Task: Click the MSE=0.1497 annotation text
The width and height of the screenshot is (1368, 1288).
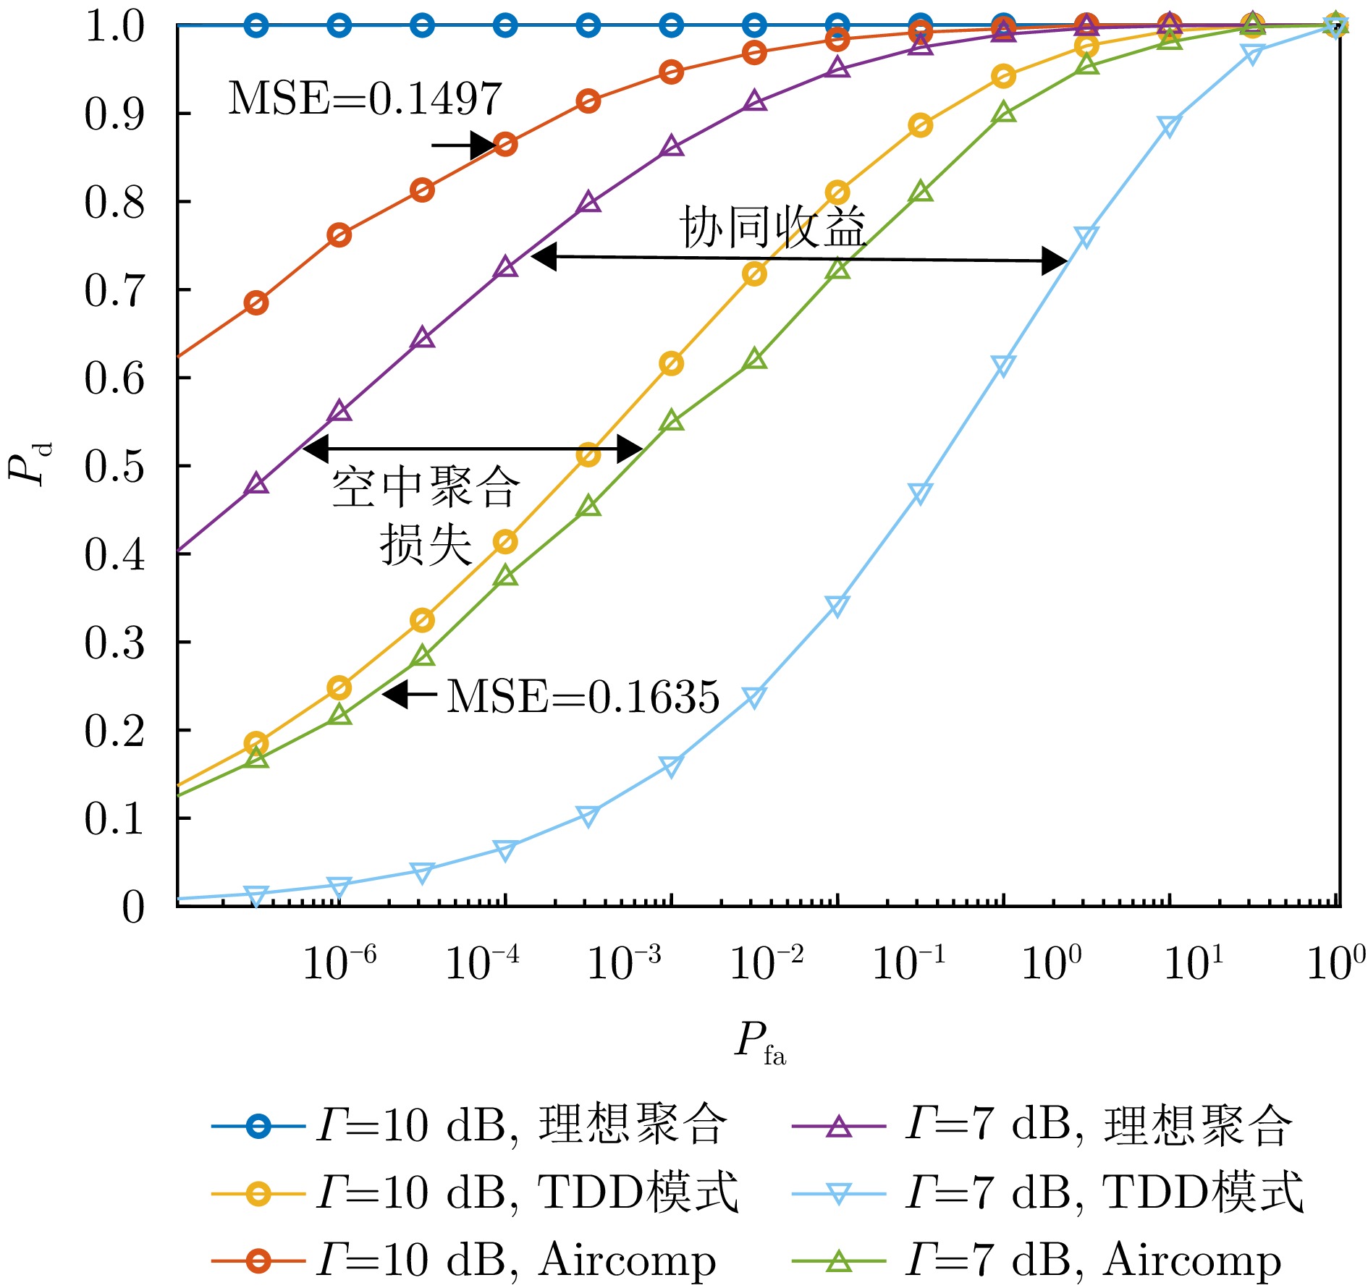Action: pos(365,98)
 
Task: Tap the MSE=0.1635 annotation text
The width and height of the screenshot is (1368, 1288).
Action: pos(583,697)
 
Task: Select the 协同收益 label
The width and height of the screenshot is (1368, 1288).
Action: pos(772,227)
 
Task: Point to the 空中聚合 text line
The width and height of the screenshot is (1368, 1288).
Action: pos(426,487)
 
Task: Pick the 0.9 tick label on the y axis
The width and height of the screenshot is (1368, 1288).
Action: pos(114,114)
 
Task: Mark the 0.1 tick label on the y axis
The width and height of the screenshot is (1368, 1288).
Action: pos(114,819)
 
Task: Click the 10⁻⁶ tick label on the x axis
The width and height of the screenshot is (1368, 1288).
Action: pos(339,962)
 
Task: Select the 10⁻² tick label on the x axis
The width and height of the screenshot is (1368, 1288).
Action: pos(767,962)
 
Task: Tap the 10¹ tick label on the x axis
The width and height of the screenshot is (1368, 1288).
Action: pos(1194,962)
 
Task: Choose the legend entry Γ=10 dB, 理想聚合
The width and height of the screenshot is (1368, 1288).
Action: pos(470,1126)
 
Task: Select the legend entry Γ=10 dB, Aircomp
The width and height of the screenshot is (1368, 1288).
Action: pos(464,1260)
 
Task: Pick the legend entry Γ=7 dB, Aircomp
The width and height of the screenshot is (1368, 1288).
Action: pos(1036,1260)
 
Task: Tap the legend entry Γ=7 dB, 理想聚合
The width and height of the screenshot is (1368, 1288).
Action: pos(1042,1126)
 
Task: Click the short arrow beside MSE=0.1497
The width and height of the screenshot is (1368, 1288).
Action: pos(463,145)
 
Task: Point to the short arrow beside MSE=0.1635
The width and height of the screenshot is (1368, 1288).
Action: pos(410,695)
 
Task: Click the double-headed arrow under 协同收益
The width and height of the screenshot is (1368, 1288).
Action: pos(800,258)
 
